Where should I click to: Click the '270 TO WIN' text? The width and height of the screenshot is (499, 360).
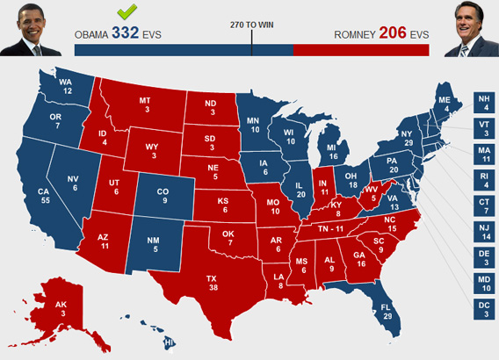pyautogui.click(x=251, y=24)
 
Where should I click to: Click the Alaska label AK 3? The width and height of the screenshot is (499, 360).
pyautogui.click(x=61, y=308)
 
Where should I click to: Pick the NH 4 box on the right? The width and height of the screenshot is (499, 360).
pyautogui.click(x=485, y=103)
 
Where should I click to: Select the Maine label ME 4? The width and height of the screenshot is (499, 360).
pyautogui.click(x=445, y=105)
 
